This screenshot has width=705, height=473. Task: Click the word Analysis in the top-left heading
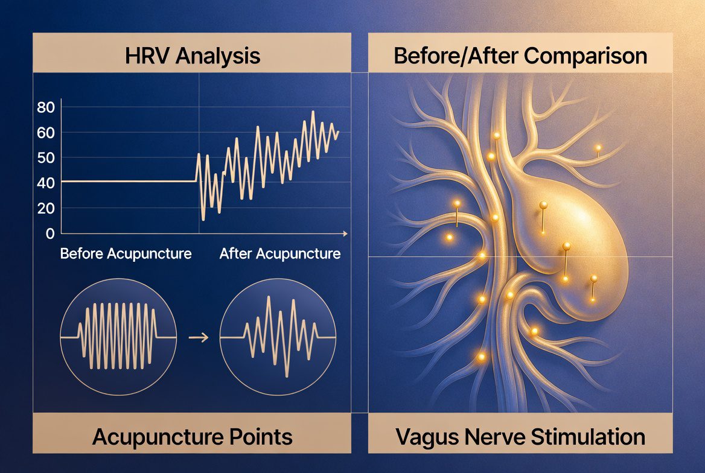pyautogui.click(x=218, y=57)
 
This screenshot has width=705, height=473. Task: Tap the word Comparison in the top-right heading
pyautogui.click(x=585, y=57)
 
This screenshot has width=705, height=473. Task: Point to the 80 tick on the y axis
pyautogui.click(x=46, y=107)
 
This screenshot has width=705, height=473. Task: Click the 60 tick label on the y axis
pyautogui.click(x=46, y=133)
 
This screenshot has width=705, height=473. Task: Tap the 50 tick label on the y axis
pyautogui.click(x=46, y=158)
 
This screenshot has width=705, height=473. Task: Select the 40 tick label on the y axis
pyautogui.click(x=46, y=183)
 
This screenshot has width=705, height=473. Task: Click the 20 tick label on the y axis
pyautogui.click(x=46, y=208)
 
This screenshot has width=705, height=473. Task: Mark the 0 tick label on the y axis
pyautogui.click(x=50, y=233)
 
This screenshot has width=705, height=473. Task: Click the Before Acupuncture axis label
pyautogui.click(x=126, y=253)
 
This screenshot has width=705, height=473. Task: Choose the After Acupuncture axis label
pyautogui.click(x=279, y=253)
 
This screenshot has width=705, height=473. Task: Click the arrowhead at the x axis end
pyautogui.click(x=345, y=233)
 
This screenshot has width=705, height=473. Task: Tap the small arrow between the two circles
pyautogui.click(x=198, y=337)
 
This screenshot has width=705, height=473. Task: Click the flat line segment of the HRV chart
pyautogui.click(x=129, y=181)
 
